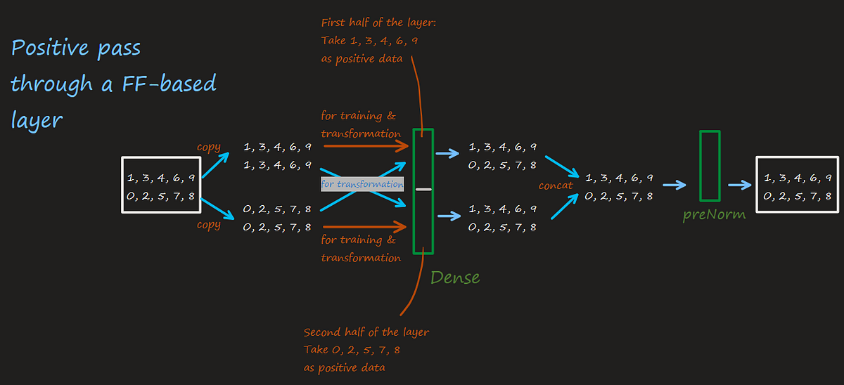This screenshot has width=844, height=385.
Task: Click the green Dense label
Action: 455,277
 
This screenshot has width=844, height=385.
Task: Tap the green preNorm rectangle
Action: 710,165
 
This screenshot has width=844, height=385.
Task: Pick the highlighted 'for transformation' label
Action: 362,184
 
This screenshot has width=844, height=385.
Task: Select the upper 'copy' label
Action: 208,148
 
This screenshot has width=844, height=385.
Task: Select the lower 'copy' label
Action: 208,225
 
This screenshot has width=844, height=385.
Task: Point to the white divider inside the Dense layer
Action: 423,190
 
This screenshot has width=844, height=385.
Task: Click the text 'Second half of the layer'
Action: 366,332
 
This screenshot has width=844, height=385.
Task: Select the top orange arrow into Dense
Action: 366,147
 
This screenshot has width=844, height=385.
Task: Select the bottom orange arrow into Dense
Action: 366,226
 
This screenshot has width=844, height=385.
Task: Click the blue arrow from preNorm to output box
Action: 739,185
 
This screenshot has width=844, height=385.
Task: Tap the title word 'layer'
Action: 37,119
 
